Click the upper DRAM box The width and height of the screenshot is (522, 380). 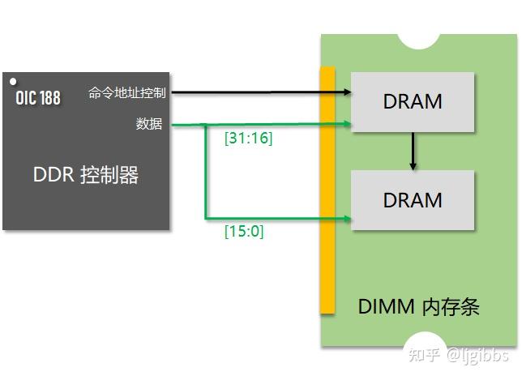pyautogui.click(x=413, y=102)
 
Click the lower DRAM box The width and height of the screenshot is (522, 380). pyautogui.click(x=413, y=200)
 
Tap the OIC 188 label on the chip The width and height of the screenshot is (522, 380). pyautogui.click(x=38, y=98)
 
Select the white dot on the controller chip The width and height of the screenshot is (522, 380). pyautogui.click(x=13, y=82)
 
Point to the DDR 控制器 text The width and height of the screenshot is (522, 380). pyautogui.click(x=86, y=175)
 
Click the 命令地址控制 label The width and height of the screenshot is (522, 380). pyautogui.click(x=127, y=93)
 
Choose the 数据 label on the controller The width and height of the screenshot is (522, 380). pyautogui.click(x=149, y=124)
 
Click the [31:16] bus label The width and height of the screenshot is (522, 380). pyautogui.click(x=248, y=139)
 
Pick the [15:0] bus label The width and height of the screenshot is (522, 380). pyautogui.click(x=244, y=232)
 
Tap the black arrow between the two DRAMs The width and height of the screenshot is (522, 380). pyautogui.click(x=413, y=152)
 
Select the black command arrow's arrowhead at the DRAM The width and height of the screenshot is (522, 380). pyautogui.click(x=346, y=93)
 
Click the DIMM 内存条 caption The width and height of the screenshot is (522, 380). pyautogui.click(x=419, y=307)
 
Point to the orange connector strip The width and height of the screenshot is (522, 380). pyautogui.click(x=327, y=190)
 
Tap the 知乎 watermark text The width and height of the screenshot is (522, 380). pyautogui.click(x=425, y=355)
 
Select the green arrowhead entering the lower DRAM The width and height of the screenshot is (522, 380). pyautogui.click(x=346, y=218)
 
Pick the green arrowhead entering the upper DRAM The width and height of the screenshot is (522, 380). pyautogui.click(x=346, y=124)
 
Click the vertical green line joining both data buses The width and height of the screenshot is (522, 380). pyautogui.click(x=204, y=171)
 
